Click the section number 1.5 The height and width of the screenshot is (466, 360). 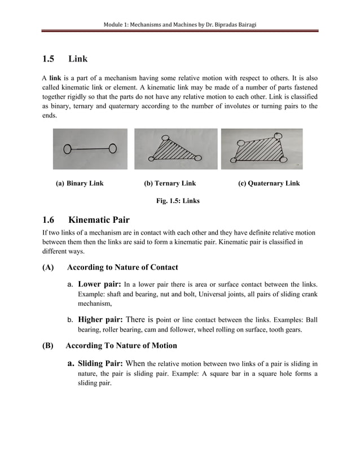point(49,59)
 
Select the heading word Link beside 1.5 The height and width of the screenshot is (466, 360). point(78,59)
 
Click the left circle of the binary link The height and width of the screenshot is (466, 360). point(68,150)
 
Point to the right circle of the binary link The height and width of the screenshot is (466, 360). point(112,148)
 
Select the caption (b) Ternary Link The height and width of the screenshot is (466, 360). point(170,183)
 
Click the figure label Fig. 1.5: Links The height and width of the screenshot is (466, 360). point(177,200)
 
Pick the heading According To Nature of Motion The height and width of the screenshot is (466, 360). point(121,345)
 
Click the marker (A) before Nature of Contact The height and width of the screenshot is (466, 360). point(48,267)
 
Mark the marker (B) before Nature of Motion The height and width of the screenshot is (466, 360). point(48,345)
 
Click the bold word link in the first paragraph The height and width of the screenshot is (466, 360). point(55,77)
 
